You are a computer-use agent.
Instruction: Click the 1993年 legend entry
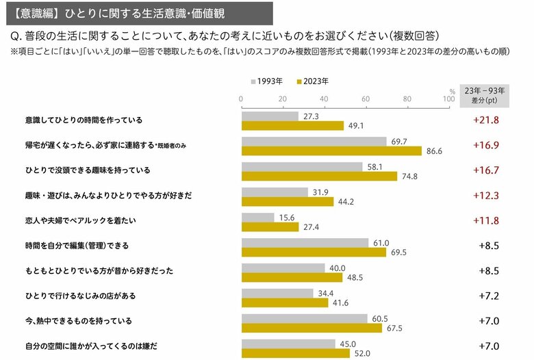(x=267, y=81)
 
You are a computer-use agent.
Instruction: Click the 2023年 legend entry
(x=312, y=81)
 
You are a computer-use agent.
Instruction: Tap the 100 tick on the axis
(x=448, y=99)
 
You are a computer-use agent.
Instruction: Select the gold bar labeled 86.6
(x=331, y=151)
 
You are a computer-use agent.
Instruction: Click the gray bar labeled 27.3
(x=270, y=116)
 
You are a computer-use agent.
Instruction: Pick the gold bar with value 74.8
(x=319, y=176)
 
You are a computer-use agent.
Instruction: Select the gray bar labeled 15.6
(x=257, y=217)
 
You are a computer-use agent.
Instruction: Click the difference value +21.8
(x=486, y=120)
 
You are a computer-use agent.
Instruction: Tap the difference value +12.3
(x=486, y=196)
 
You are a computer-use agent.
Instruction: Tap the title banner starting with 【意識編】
(x=138, y=12)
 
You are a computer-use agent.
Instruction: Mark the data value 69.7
(x=398, y=141)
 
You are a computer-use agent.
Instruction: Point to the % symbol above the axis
(x=452, y=90)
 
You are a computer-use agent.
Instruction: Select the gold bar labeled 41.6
(x=285, y=302)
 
